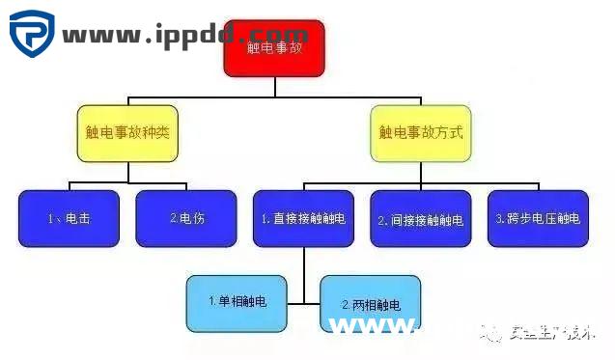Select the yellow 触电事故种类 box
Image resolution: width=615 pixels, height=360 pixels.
click(126, 132)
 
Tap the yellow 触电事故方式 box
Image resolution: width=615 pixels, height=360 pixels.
click(419, 132)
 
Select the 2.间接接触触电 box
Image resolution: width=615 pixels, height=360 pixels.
click(420, 218)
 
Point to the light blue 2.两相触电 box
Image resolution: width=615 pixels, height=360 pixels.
click(371, 304)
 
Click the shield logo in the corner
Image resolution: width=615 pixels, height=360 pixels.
click(32, 34)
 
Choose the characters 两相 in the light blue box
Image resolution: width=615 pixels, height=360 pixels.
click(370, 305)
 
